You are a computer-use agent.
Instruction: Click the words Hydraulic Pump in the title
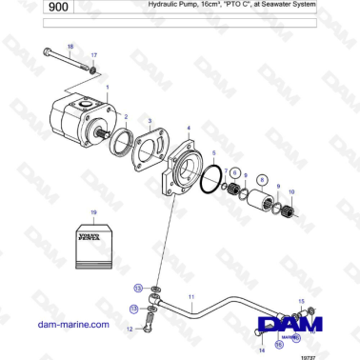(x=172, y=5)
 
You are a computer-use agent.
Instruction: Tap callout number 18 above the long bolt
(x=70, y=46)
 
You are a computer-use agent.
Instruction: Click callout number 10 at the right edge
(x=291, y=192)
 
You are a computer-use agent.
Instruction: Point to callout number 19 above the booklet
(x=93, y=210)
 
